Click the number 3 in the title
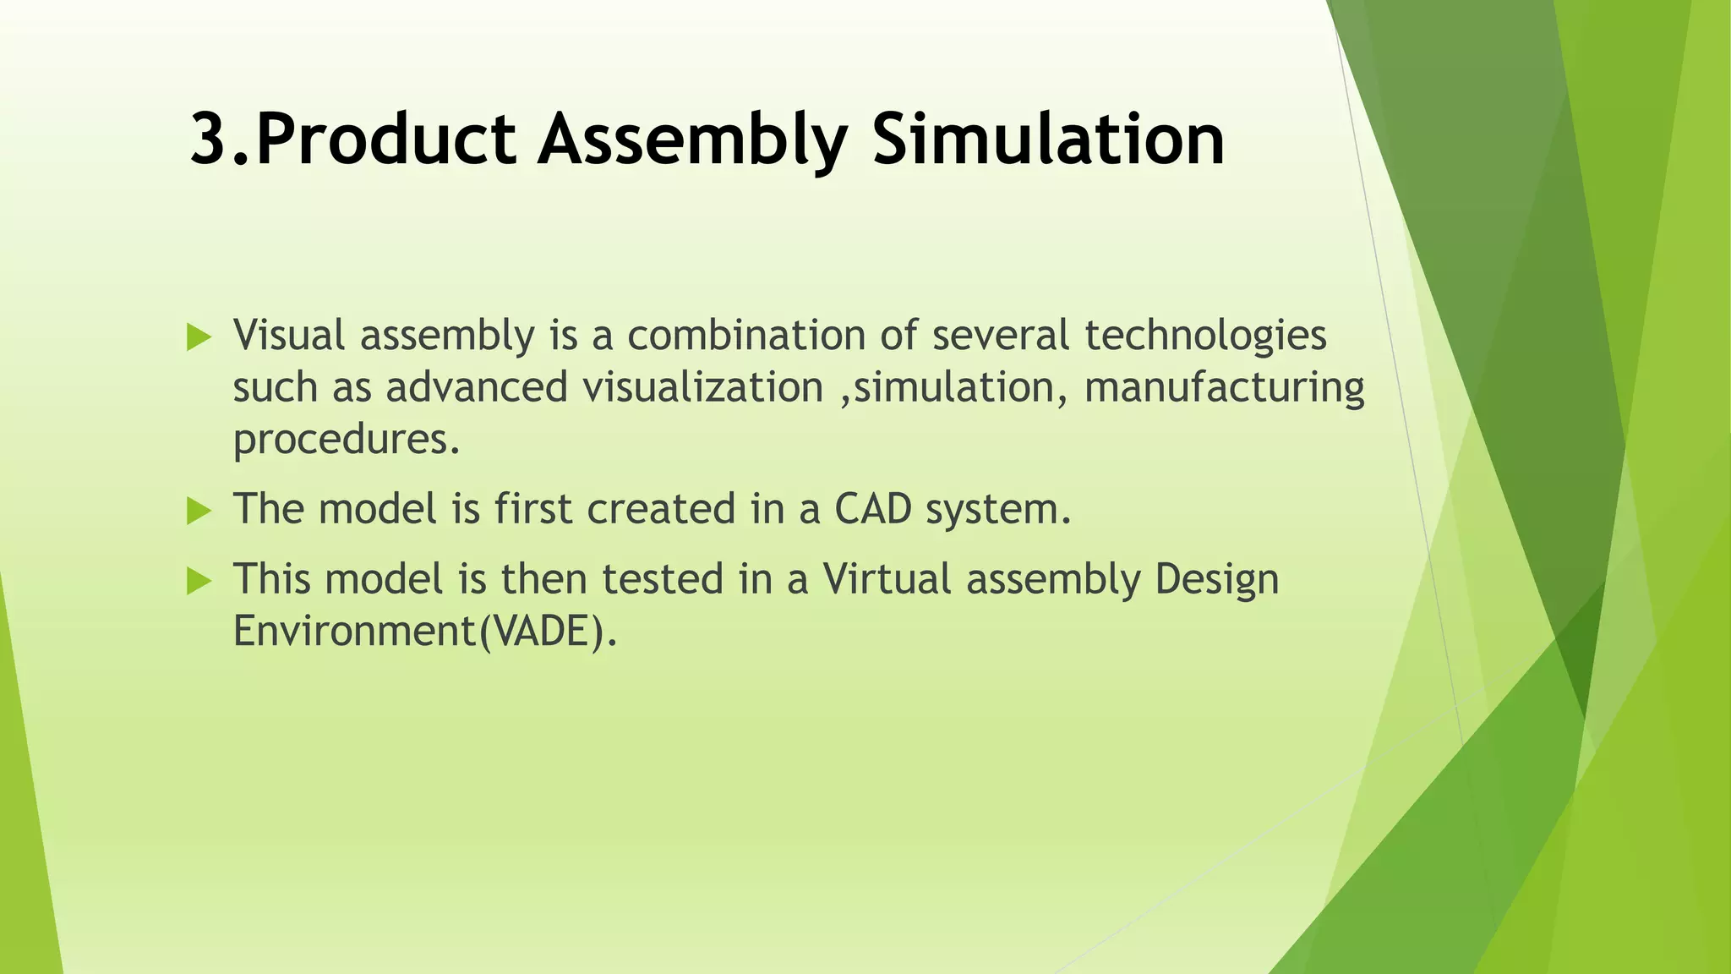(208, 140)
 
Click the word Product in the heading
(385, 140)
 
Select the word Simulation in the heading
(1048, 140)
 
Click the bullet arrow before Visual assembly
(199, 338)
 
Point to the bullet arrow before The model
(199, 511)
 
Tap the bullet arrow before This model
(199, 581)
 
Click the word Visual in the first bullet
(289, 336)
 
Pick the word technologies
(1205, 336)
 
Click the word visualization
(702, 388)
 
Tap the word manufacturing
(1224, 388)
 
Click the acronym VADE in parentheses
(540, 632)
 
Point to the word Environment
(355, 632)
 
